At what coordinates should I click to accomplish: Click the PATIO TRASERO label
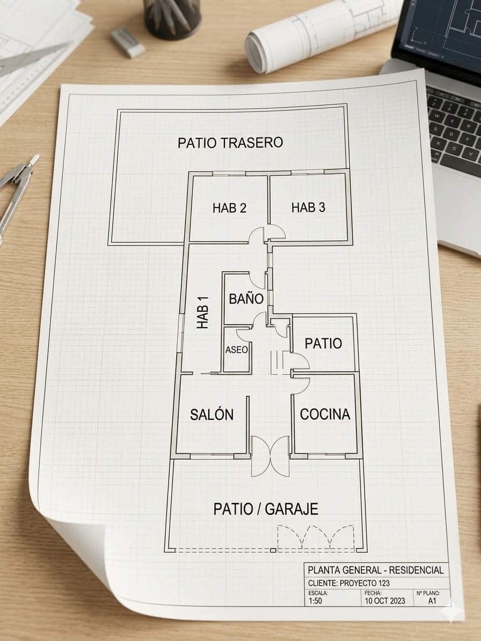pyautogui.click(x=230, y=143)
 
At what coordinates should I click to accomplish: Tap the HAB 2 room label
pyautogui.click(x=229, y=208)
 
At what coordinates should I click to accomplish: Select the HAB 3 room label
pyautogui.click(x=308, y=207)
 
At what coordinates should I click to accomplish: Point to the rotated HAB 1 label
pyautogui.click(x=203, y=312)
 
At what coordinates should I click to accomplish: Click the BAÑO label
pyautogui.click(x=246, y=298)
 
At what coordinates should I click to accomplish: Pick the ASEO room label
pyautogui.click(x=236, y=350)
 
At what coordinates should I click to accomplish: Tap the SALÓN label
pyautogui.click(x=212, y=414)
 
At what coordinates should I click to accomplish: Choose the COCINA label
pyautogui.click(x=325, y=414)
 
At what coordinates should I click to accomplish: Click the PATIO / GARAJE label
pyautogui.click(x=266, y=509)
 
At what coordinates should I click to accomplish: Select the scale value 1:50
pyautogui.click(x=315, y=601)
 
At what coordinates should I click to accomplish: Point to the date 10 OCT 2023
pyautogui.click(x=385, y=601)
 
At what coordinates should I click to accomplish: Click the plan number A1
pyautogui.click(x=432, y=601)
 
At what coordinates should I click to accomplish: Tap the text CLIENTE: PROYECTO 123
pyautogui.click(x=348, y=583)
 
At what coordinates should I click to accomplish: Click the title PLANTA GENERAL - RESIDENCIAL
pyautogui.click(x=375, y=570)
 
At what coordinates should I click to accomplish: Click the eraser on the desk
pyautogui.click(x=128, y=42)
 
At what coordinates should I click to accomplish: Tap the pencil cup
pyautogui.click(x=172, y=18)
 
